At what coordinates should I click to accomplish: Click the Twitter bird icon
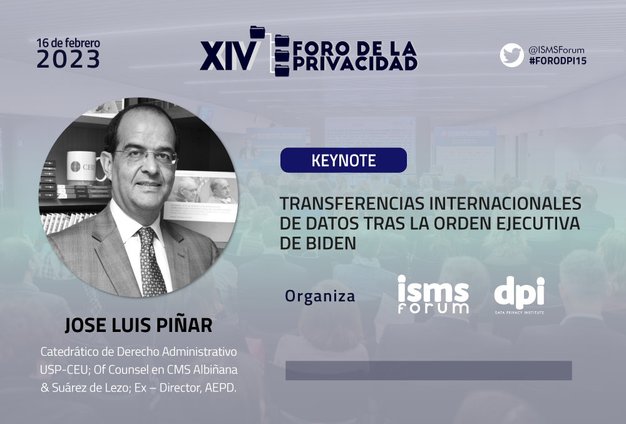pos(511,55)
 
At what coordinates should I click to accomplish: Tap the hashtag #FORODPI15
pos(557,61)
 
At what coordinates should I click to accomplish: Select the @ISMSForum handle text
pos(556,50)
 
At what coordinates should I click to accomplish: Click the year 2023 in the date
pos(68,59)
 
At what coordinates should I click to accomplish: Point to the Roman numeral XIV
pos(228,56)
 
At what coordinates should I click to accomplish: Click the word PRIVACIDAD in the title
pos(355,63)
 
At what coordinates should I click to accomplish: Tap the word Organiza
pos(320,296)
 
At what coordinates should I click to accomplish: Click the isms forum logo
pos(433,294)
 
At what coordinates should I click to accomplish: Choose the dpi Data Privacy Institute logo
pos(520,295)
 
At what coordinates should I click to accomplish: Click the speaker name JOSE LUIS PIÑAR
pos(138,326)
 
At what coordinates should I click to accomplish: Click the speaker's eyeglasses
pos(146,156)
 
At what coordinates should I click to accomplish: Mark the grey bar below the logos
pos(428,371)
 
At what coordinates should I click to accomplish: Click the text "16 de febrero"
pos(68,43)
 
